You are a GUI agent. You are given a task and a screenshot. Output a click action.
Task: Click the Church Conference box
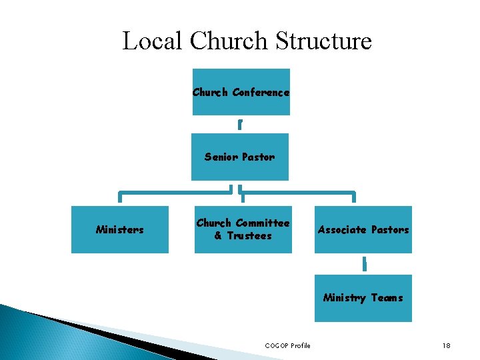tap(241, 92)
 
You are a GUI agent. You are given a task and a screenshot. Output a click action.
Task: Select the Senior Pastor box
tap(240, 157)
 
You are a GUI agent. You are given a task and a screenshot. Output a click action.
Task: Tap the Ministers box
tap(120, 229)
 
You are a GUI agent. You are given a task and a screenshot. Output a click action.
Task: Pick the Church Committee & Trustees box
tap(243, 229)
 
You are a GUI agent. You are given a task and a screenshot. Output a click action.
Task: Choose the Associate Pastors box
tap(363, 229)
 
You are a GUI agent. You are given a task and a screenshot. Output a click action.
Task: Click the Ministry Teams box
tap(363, 298)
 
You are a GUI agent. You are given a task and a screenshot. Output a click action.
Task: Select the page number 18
tap(447, 345)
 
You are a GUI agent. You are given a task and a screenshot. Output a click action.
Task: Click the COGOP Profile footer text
tap(287, 345)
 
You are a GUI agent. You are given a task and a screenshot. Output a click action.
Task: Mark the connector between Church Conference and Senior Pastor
tap(240, 125)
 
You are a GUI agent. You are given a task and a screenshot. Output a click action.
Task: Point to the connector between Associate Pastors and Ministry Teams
tap(364, 264)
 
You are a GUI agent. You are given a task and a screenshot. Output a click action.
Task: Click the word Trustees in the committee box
tap(249, 236)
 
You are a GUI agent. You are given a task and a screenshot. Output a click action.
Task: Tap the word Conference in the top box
tap(261, 93)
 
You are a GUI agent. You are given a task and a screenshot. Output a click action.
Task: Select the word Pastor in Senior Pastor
tap(257, 157)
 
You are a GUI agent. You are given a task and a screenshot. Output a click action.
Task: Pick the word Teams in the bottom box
tap(387, 298)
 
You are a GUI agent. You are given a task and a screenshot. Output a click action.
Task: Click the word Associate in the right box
tap(342, 230)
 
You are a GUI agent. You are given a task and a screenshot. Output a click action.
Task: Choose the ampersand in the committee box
tap(218, 236)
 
